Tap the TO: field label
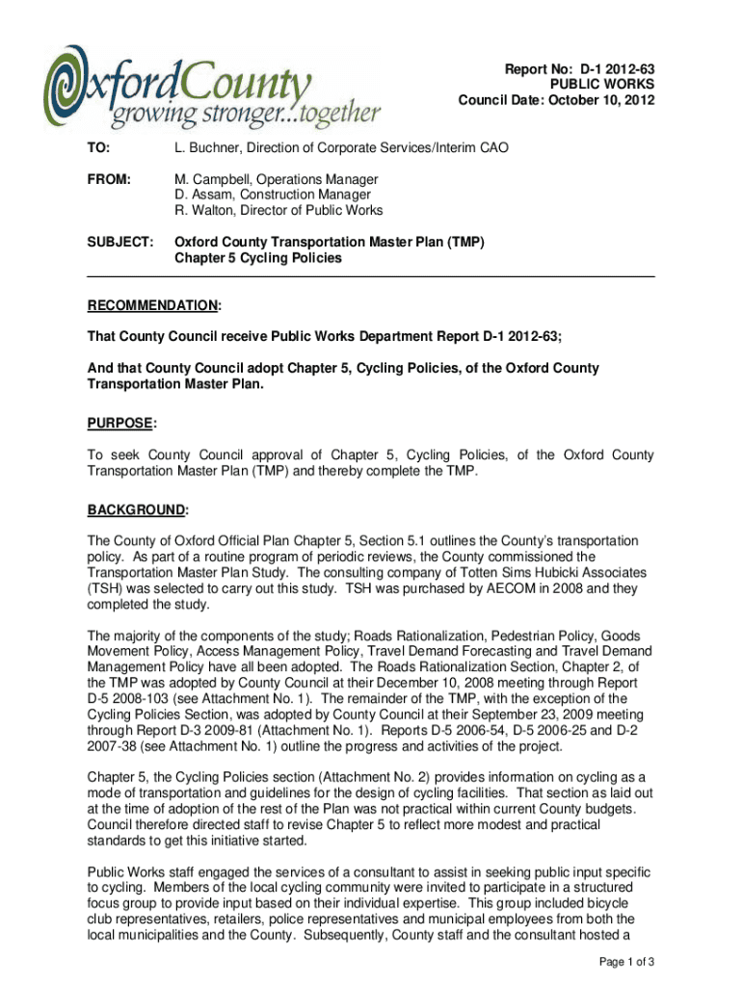[99, 149]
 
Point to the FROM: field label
[108, 180]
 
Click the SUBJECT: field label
[119, 244]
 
